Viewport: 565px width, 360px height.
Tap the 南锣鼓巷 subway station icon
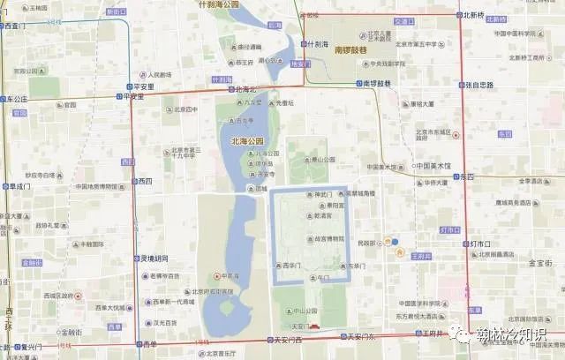(358, 85)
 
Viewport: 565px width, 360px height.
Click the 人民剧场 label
(163, 75)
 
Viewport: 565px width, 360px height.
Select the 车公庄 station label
(18, 100)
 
